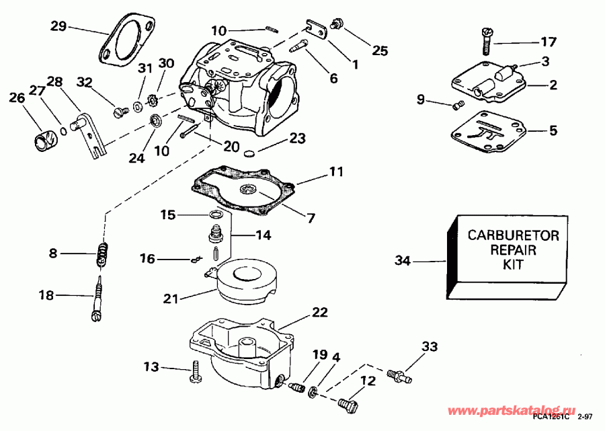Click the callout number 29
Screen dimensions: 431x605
click(x=59, y=26)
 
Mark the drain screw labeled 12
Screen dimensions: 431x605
click(x=348, y=404)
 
